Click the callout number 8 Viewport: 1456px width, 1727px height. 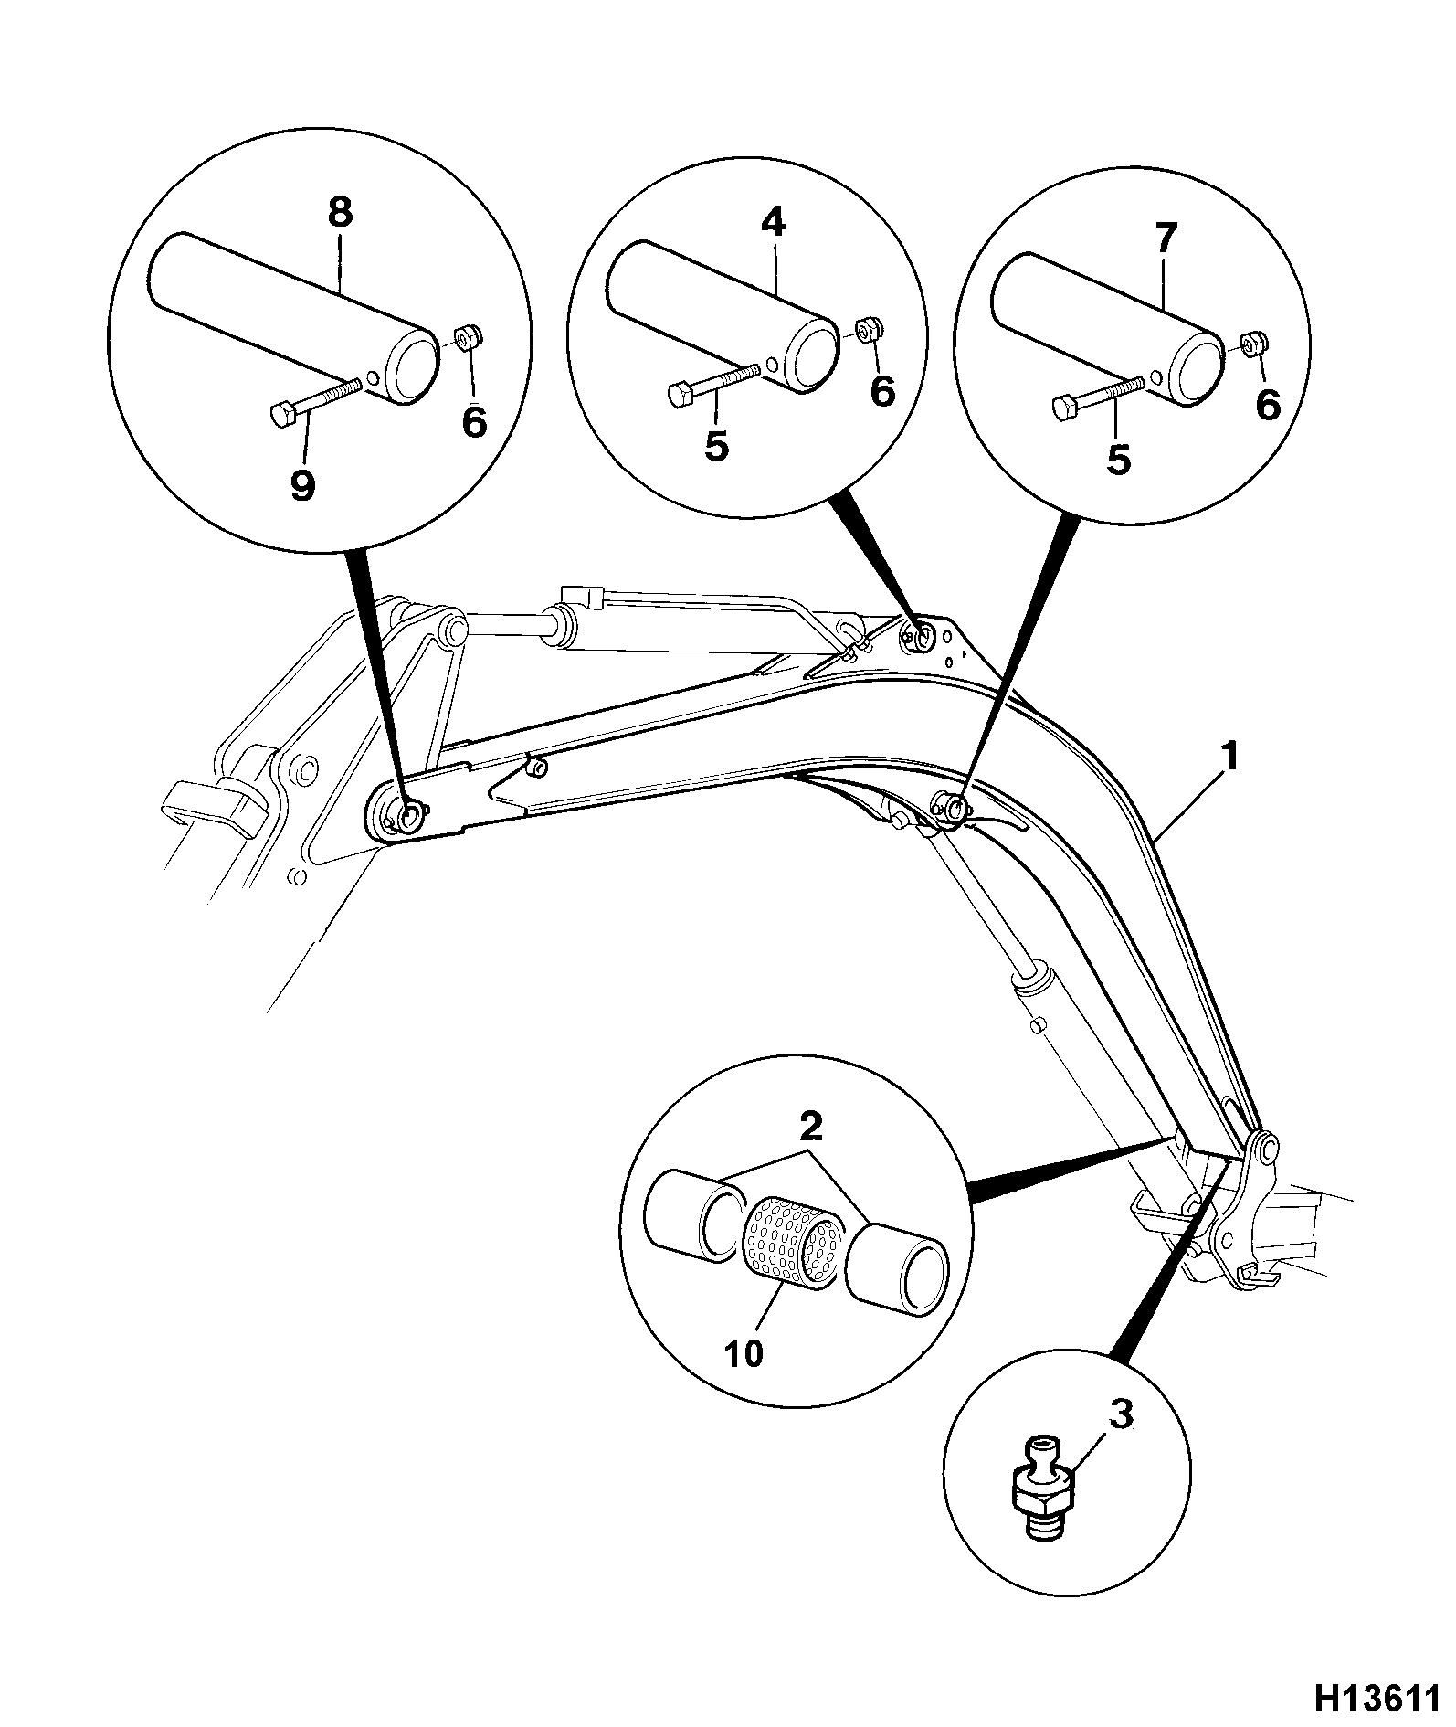[x=339, y=213]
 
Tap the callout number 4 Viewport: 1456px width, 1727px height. [x=773, y=222]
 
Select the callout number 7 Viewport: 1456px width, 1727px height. [x=1166, y=237]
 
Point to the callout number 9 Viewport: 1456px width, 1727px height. [x=302, y=485]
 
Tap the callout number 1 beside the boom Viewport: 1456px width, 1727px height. [x=1230, y=757]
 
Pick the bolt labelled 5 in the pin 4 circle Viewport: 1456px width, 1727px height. [x=715, y=382]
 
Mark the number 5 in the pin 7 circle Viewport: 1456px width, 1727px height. [x=1118, y=459]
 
